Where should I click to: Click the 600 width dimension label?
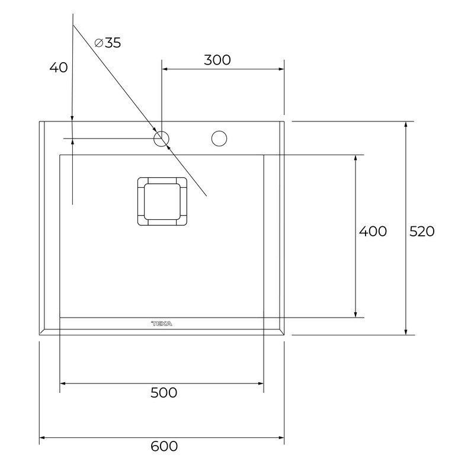tap(164, 446)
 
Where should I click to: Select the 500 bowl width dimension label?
tap(164, 393)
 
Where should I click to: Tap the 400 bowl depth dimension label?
tap(373, 231)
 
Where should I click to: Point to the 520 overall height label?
tap(422, 231)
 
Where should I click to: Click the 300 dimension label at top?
tap(217, 60)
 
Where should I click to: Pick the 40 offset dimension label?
tap(59, 67)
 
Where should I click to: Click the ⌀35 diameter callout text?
tap(108, 43)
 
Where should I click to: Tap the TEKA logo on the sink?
tap(161, 324)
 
